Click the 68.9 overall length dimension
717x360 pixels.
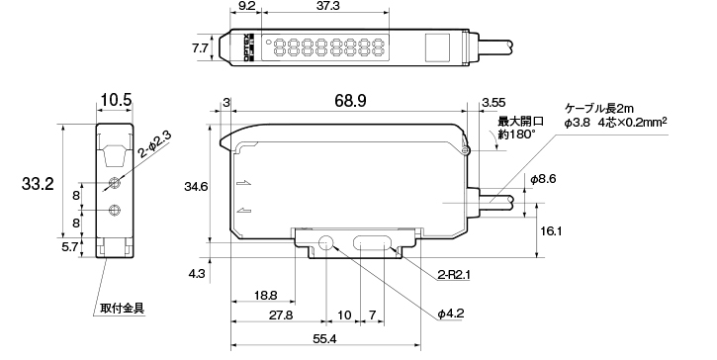pyautogui.click(x=350, y=101)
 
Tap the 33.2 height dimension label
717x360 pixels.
pyautogui.click(x=38, y=184)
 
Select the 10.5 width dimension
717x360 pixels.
pyautogui.click(x=116, y=100)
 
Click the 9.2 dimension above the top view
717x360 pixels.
pyautogui.click(x=246, y=6)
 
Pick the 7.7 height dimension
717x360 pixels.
pyautogui.click(x=201, y=48)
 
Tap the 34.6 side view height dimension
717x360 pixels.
pyautogui.click(x=196, y=187)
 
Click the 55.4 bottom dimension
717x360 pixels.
pyautogui.click(x=324, y=339)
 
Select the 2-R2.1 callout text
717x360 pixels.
pyautogui.click(x=454, y=275)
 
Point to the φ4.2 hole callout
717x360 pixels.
pyautogui.click(x=450, y=314)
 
